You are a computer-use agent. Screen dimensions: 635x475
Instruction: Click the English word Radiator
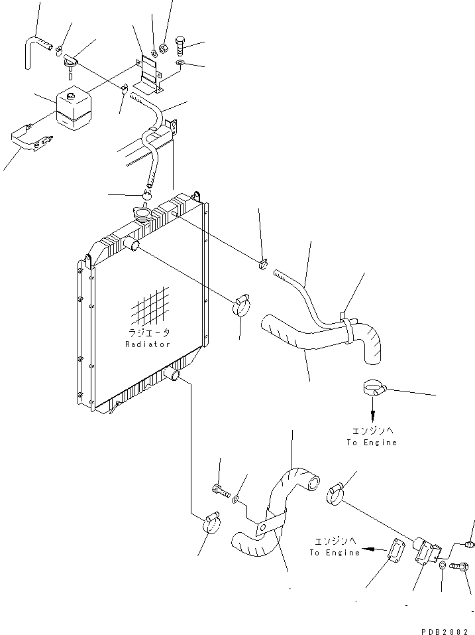point(148,344)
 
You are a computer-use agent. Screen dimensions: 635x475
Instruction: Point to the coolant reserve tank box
point(74,109)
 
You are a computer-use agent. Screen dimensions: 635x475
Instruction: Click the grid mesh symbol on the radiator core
point(151,307)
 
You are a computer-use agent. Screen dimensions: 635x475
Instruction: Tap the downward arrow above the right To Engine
point(373,413)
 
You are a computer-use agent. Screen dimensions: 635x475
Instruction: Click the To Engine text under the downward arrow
point(371,443)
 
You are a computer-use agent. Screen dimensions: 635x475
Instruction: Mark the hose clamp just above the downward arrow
point(374,388)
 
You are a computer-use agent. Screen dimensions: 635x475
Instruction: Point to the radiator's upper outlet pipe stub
point(134,246)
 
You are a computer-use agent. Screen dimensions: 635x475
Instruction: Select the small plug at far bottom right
point(470,544)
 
